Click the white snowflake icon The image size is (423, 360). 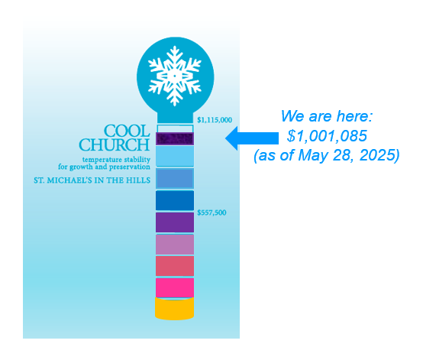(175, 76)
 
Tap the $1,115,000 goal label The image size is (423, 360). (215, 120)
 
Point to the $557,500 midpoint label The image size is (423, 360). (211, 212)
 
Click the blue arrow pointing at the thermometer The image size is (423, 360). (252, 138)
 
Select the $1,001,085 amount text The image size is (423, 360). (327, 135)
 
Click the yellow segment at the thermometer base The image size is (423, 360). (175, 309)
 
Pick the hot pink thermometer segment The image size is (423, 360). (175, 287)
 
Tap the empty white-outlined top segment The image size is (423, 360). (175, 128)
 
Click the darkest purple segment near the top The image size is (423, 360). (175, 138)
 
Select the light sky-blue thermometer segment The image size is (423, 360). (175, 156)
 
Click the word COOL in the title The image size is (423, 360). (127, 131)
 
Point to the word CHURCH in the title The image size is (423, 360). (115, 144)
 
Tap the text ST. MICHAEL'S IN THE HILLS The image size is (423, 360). (92, 180)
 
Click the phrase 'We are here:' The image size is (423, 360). (327, 116)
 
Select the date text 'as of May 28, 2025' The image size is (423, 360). (327, 155)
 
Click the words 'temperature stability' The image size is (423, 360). (116, 160)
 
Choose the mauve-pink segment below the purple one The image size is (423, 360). (175, 245)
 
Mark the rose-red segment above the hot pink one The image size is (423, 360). (175, 266)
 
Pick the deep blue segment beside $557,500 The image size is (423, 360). (175, 200)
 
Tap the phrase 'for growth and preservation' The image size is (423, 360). (104, 167)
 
